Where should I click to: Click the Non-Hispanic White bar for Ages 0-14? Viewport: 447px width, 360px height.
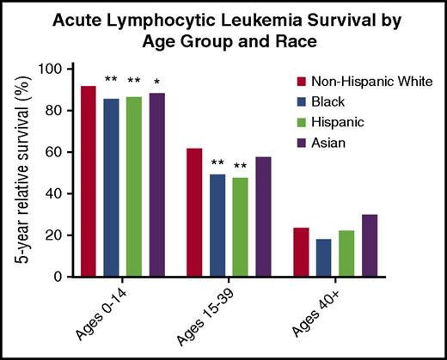coord(88,181)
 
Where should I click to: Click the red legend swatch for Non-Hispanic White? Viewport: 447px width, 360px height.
coord(302,83)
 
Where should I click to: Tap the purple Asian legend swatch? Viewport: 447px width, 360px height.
coord(302,141)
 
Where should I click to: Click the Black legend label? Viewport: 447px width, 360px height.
coord(334,102)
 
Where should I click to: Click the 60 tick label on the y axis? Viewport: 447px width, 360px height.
coord(57,152)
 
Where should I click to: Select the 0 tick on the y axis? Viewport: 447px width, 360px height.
coord(60,277)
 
